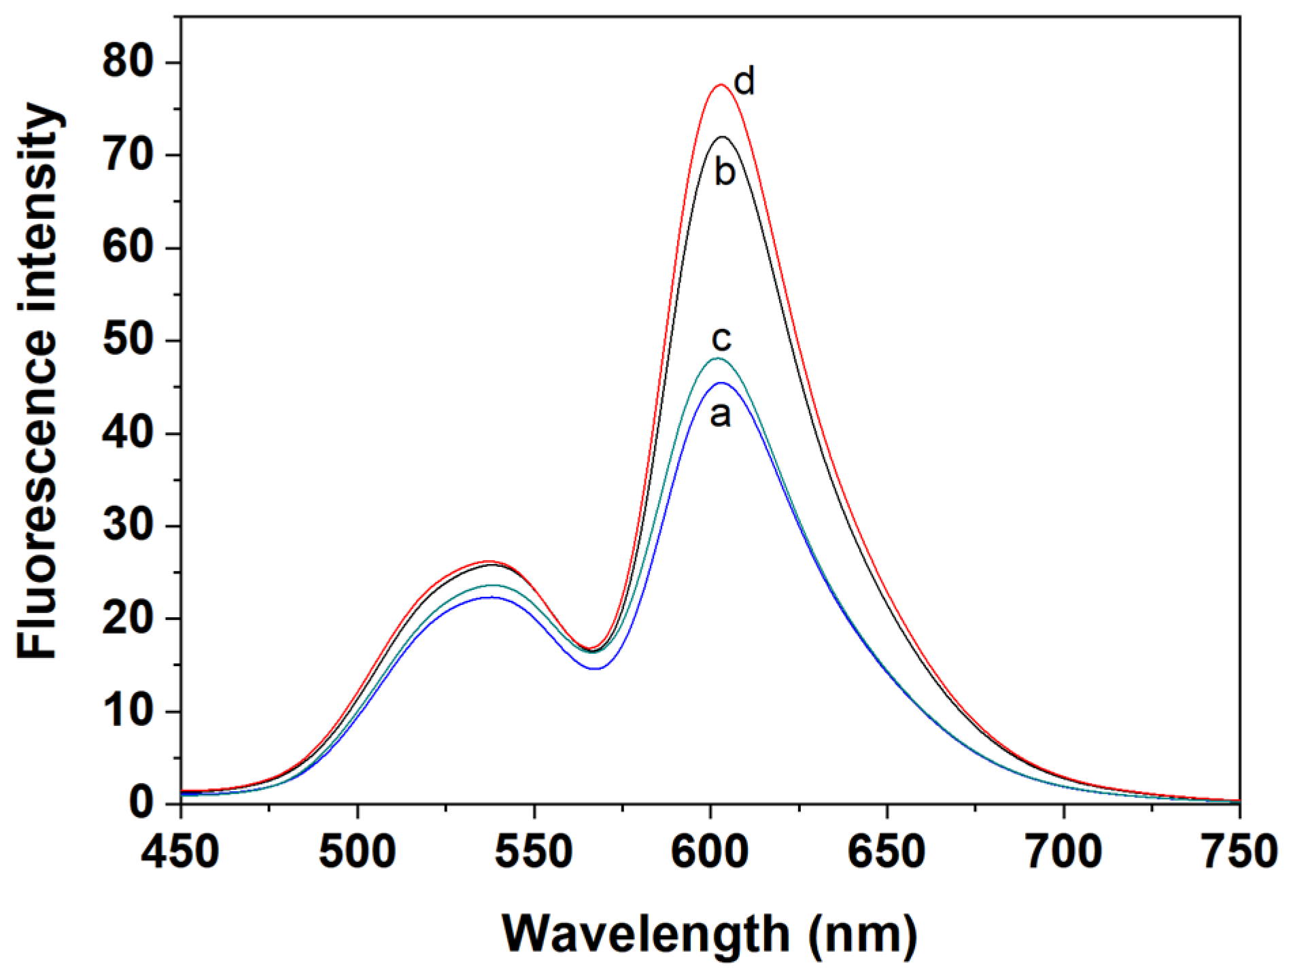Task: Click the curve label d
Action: (745, 82)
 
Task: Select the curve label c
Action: (721, 338)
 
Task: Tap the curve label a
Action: (720, 415)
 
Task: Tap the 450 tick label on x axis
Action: (181, 851)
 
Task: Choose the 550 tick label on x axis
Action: (534, 851)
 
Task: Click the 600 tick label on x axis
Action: (711, 851)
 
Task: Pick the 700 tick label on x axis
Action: (1064, 851)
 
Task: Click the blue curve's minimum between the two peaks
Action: (595, 669)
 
